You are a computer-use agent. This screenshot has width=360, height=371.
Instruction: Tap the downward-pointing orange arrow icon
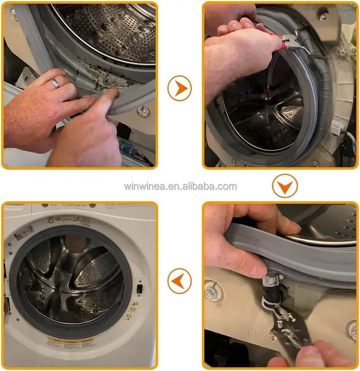[x=285, y=186]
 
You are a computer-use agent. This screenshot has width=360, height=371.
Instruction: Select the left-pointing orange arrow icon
[x=179, y=280]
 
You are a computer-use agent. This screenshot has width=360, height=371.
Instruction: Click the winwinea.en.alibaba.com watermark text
[x=180, y=186]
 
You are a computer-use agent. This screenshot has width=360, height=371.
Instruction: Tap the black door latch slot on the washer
[x=139, y=289]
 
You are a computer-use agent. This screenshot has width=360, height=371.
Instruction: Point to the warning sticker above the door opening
[x=71, y=221]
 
